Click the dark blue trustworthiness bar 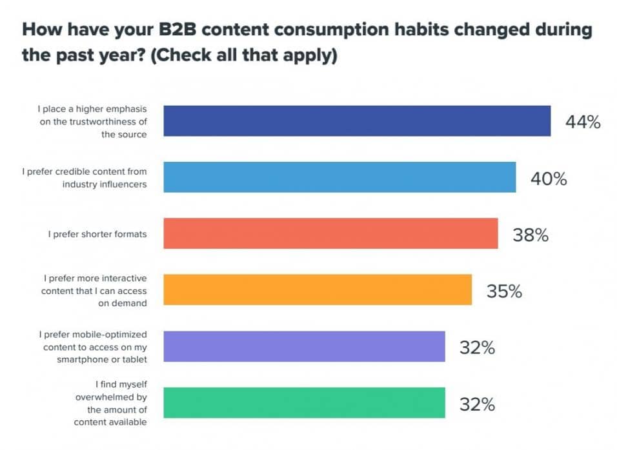(357, 121)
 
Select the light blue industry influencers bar (339, 177)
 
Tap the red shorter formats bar (330, 233)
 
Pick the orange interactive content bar (318, 289)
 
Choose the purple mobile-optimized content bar (304, 346)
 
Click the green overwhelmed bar (304, 403)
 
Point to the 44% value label (583, 122)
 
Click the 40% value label (549, 179)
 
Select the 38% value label (531, 235)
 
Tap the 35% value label (504, 291)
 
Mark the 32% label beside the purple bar (477, 347)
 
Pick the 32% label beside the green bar (477, 404)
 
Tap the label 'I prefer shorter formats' (97, 233)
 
